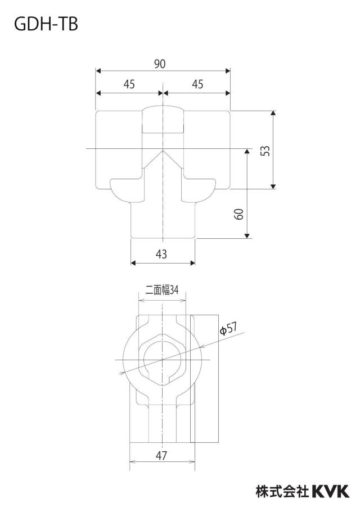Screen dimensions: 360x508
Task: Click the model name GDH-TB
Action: pyautogui.click(x=46, y=24)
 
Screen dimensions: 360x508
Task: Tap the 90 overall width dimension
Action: pyautogui.click(x=160, y=64)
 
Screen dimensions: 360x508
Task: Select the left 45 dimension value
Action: pyautogui.click(x=129, y=84)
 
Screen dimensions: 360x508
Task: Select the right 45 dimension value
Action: pyautogui.click(x=197, y=84)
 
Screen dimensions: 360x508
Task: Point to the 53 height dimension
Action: pyautogui.click(x=265, y=151)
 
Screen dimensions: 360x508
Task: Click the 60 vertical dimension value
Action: pyautogui.click(x=238, y=214)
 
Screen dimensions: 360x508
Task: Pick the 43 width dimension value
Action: pyautogui.click(x=161, y=254)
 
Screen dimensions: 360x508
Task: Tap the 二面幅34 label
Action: pyautogui.click(x=162, y=289)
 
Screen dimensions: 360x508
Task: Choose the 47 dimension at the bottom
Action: pyautogui.click(x=161, y=456)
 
